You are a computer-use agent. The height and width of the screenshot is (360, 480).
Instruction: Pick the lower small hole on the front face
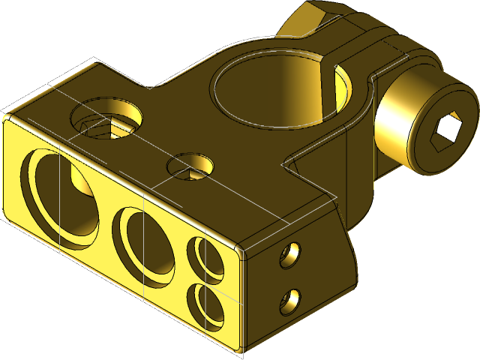tap(205, 306)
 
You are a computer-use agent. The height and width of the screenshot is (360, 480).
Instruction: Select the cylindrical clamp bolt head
tap(424, 124)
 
